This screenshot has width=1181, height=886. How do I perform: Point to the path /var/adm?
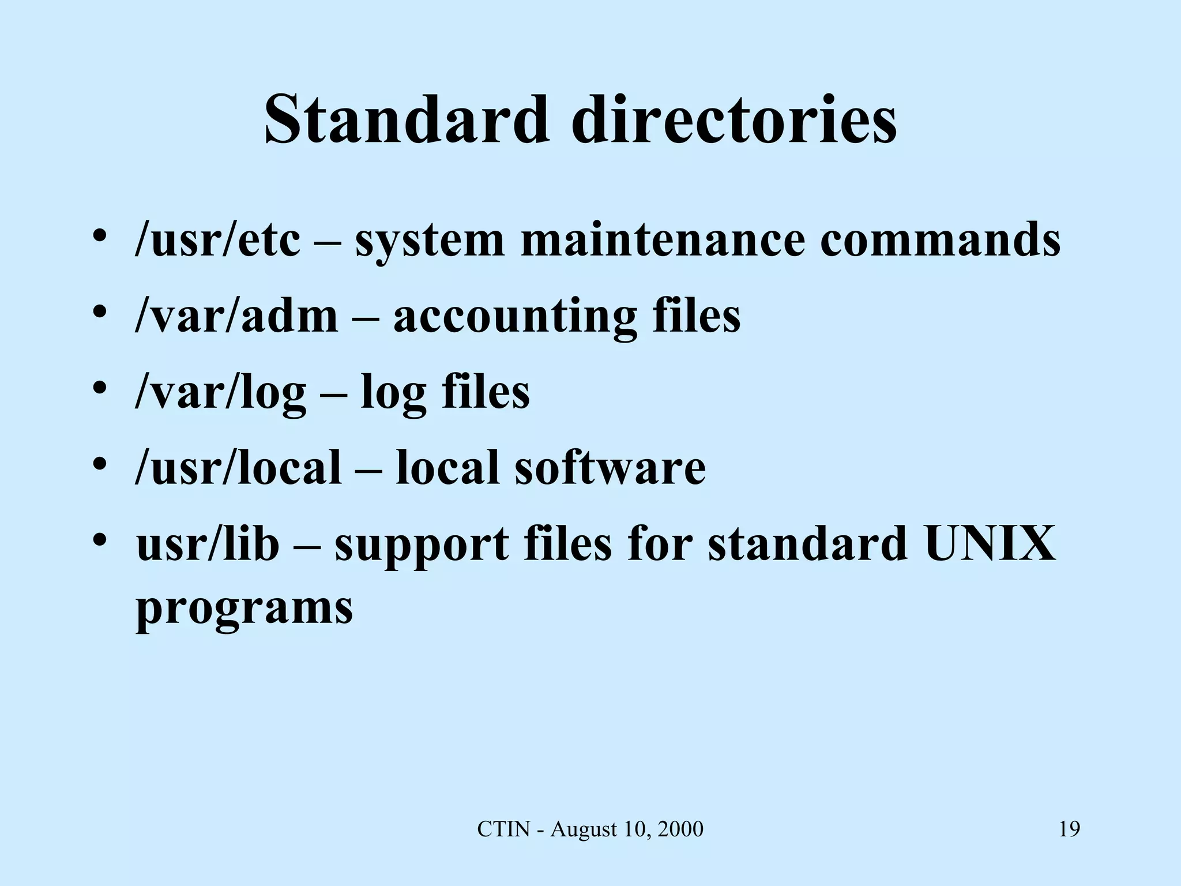[x=236, y=316]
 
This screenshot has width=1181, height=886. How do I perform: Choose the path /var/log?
[x=220, y=392]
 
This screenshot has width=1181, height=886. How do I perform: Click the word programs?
[x=244, y=609]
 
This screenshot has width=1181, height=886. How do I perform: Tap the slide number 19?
[x=1069, y=829]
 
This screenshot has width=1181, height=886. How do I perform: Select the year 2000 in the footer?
[x=680, y=829]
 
